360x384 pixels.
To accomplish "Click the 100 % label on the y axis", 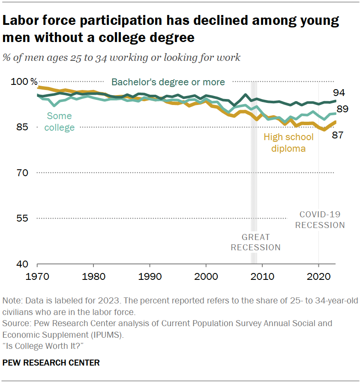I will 27,82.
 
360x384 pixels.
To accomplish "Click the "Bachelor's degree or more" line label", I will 168,82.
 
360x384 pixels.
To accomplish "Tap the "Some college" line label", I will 59,122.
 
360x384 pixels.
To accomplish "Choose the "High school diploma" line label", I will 288,143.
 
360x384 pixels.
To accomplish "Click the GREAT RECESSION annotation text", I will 255,242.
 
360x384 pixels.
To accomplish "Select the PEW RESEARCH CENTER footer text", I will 51,363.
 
